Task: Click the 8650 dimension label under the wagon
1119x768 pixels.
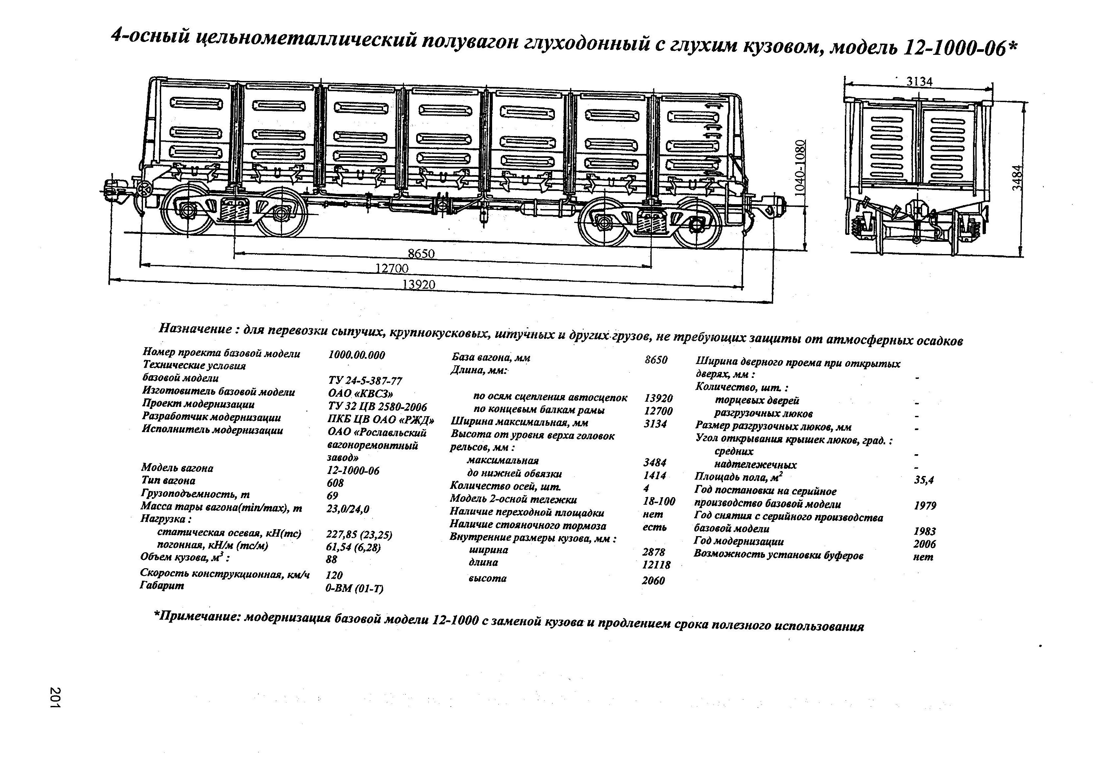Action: coord(421,254)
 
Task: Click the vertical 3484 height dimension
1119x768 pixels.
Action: coord(1016,178)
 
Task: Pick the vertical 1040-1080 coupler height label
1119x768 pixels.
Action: coord(800,167)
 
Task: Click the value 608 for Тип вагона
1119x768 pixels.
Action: coord(335,483)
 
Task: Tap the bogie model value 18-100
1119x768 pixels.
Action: coord(659,501)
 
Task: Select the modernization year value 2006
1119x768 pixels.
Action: coord(924,544)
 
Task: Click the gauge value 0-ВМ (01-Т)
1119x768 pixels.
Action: coord(354,588)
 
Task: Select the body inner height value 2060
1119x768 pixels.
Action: coord(653,581)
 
